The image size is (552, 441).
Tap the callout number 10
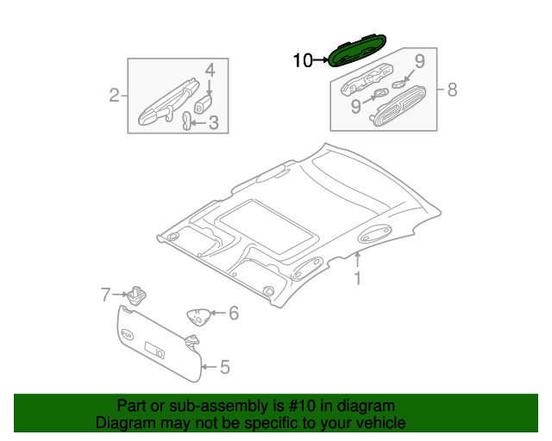tap(303, 60)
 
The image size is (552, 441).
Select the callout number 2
tap(114, 96)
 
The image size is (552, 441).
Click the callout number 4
tap(210, 71)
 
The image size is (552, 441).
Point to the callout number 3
tap(214, 122)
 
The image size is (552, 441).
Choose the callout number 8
tap(452, 90)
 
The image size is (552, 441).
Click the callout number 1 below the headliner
tap(358, 278)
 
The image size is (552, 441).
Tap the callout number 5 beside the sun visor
tap(225, 367)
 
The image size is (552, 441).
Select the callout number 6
tap(234, 313)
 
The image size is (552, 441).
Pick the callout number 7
tap(105, 295)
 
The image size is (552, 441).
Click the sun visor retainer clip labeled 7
tap(137, 295)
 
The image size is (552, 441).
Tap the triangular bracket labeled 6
tap(199, 317)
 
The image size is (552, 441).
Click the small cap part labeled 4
tap(204, 104)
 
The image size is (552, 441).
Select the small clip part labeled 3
tap(186, 121)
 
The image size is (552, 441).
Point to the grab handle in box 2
tap(168, 102)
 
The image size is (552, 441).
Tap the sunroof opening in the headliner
tap(267, 227)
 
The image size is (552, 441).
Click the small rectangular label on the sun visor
tap(154, 351)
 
